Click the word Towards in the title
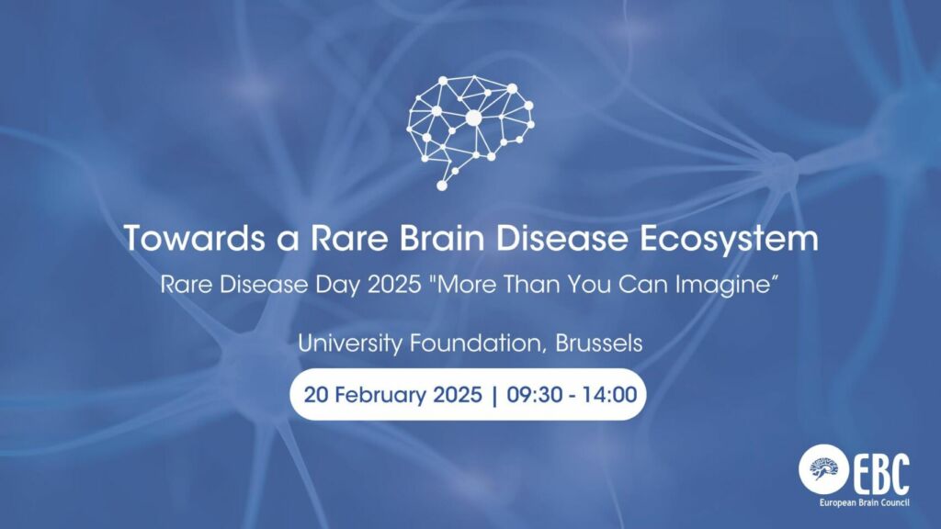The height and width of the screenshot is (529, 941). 194,238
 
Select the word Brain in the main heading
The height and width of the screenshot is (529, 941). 441,238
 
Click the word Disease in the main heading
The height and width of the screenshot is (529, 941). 561,238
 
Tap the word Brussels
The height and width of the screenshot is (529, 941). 599,343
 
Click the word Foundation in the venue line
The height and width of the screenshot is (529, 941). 478,343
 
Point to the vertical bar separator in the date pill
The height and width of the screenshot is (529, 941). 494,395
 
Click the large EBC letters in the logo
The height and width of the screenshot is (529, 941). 881,474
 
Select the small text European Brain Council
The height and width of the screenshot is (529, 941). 864,502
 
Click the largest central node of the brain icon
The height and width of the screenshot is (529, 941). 473,118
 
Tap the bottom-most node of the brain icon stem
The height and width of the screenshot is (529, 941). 442,186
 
